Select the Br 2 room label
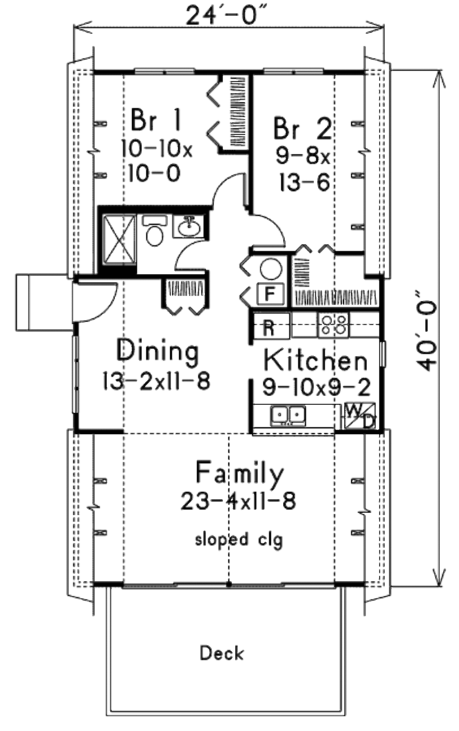303,129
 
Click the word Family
240,474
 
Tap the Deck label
222,653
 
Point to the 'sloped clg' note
239,539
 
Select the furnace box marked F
269,294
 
